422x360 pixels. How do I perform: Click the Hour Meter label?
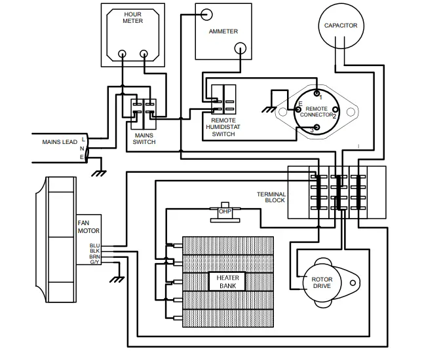[x=132, y=18]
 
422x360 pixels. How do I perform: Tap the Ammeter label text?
[x=223, y=31]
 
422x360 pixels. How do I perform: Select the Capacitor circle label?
[x=341, y=26]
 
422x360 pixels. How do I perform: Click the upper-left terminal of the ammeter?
[x=206, y=14]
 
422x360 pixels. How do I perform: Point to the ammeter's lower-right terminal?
[x=240, y=48]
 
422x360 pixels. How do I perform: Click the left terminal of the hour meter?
[x=122, y=54]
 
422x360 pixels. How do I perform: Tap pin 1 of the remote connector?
[x=316, y=94]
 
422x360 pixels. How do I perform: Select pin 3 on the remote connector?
[x=317, y=127]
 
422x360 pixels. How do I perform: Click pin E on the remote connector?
[x=298, y=110]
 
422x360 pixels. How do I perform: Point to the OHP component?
[x=225, y=212]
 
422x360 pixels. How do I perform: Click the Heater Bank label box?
[x=227, y=281]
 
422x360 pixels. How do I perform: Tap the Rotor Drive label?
[x=322, y=283]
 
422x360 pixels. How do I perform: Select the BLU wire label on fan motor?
[x=95, y=245]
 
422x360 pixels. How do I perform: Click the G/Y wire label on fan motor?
[x=95, y=262]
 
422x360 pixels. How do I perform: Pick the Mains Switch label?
[x=144, y=139]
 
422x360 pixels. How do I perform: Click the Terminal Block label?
[x=271, y=197]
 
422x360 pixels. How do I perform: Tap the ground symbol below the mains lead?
[x=99, y=173]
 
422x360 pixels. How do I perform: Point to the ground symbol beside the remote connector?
[x=269, y=110]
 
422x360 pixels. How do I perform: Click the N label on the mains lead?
[x=82, y=149]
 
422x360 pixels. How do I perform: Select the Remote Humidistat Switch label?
[x=223, y=127]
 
